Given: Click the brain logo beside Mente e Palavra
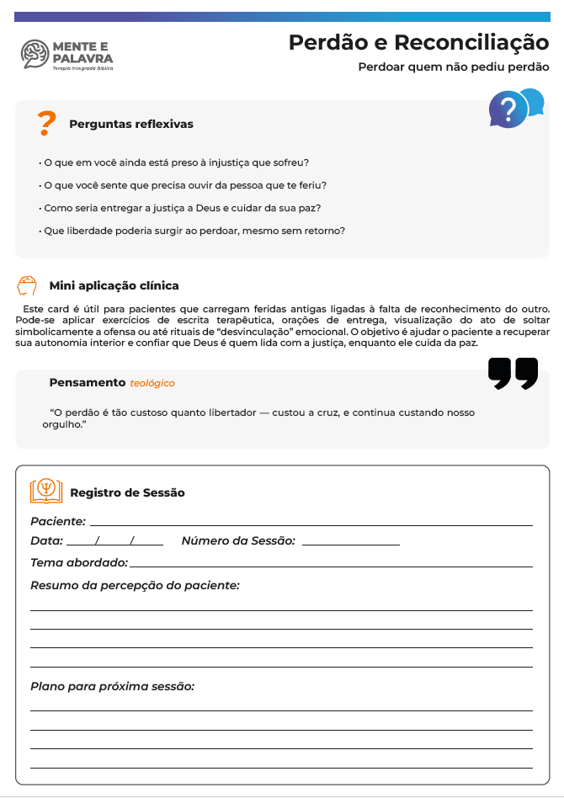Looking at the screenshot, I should tap(35, 55).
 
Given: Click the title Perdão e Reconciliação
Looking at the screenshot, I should tap(418, 42).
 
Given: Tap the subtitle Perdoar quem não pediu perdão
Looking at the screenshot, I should tap(453, 66).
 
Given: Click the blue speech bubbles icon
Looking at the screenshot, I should tap(515, 108).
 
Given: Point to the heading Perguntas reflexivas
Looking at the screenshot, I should tap(131, 125).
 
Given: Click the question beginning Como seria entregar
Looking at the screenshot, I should tap(180, 208).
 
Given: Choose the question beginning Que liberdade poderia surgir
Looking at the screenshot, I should tap(193, 231).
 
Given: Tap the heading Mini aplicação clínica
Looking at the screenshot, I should tap(114, 286).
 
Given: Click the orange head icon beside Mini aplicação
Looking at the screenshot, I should tap(26, 285).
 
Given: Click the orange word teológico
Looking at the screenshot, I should tap(152, 384).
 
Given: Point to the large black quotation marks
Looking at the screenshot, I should tap(513, 374).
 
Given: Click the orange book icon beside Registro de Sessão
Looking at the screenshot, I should tap(45, 490).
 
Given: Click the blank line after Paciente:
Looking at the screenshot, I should tap(311, 524).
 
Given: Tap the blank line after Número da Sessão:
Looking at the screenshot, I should tap(350, 544).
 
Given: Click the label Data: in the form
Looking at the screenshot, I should tap(47, 541).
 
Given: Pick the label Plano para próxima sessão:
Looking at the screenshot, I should tap(113, 687).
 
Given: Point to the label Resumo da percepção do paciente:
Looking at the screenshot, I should tap(136, 585).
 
